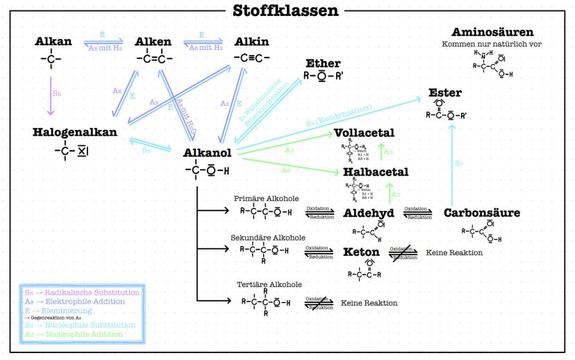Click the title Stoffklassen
[286, 10]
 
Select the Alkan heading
[53, 42]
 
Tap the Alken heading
[153, 42]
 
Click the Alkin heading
[252, 42]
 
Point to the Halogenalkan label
[75, 131]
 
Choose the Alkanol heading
[208, 153]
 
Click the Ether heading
[323, 64]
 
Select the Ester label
[445, 92]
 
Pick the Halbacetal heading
[376, 172]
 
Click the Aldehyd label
[369, 213]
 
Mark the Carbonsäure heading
[481, 213]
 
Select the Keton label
[361, 252]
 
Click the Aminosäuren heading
[492, 32]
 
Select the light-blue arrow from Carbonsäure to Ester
[452, 161]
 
